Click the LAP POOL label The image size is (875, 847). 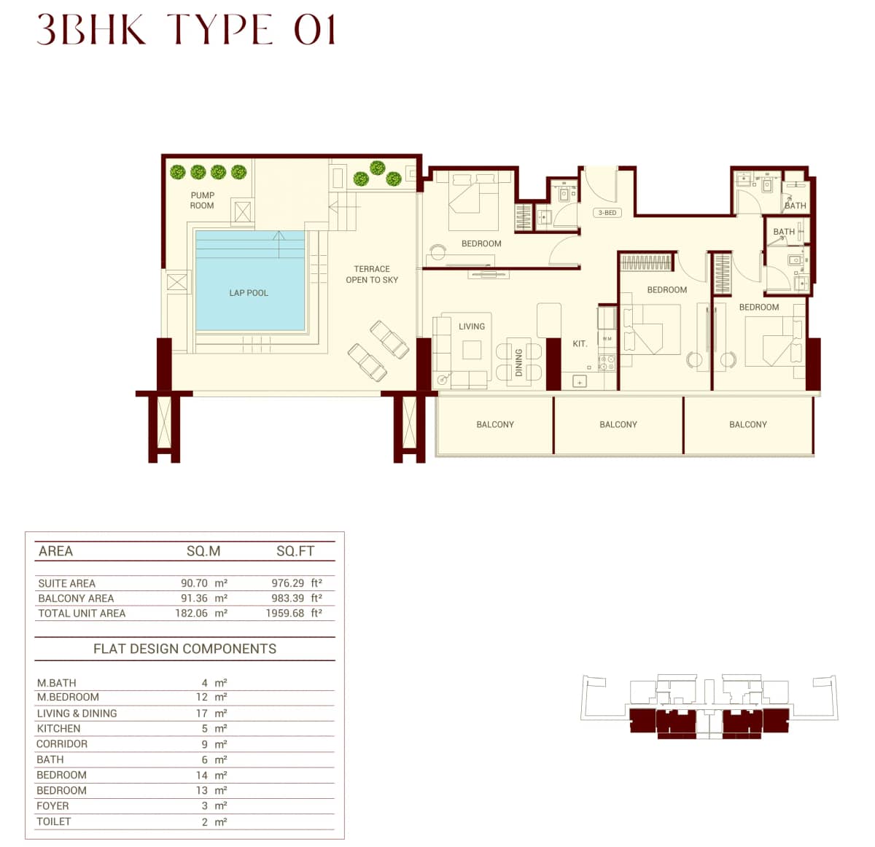pos(249,293)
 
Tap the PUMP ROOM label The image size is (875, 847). pos(202,200)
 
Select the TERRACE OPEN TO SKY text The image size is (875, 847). pos(372,274)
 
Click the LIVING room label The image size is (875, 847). pos(472,327)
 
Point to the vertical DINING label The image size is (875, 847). pos(519,362)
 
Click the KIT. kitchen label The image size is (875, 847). pos(580,344)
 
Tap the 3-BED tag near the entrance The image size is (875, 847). pos(607,213)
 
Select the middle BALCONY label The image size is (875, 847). pos(618,424)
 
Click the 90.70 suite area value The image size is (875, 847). pos(194,583)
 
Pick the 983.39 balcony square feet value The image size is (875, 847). pos(287,598)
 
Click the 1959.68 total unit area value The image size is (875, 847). pos(284,613)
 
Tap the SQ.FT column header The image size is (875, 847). pos(295,551)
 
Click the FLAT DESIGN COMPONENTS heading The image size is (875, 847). pos(184,649)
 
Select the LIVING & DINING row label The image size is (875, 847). pos(77,714)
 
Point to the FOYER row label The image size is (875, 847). pos(52,805)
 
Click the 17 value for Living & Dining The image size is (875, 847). pos(201,714)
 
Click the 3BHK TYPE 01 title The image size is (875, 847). pos(186,31)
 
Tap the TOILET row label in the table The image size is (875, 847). pos(54,821)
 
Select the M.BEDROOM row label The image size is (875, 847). pos(68,697)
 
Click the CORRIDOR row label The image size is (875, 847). pos(62,743)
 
